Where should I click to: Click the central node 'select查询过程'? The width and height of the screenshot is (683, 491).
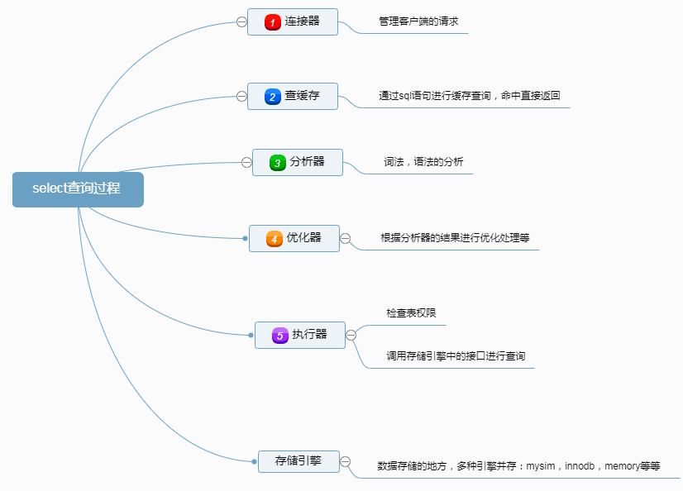(78, 188)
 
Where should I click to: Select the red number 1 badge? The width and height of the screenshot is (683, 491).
(273, 22)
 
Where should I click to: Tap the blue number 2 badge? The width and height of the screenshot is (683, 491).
(273, 97)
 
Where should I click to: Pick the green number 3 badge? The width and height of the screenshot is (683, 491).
(278, 163)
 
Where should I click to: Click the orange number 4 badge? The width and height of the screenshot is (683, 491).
(275, 239)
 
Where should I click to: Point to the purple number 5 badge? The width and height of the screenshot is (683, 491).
(280, 335)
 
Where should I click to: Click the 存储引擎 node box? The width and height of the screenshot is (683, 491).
(299, 461)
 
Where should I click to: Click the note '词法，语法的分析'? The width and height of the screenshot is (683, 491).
(423, 162)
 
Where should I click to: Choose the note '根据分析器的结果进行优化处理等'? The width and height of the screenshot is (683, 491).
(455, 238)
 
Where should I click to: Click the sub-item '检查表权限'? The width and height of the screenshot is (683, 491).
(411, 313)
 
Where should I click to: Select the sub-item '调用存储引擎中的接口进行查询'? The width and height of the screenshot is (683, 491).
(456, 356)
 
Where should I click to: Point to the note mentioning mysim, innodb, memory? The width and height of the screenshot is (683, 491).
(518, 466)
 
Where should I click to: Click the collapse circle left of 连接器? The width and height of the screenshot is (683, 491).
(241, 22)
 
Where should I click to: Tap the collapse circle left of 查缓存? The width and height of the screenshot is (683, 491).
(241, 97)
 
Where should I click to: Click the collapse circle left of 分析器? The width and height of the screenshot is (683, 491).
(246, 162)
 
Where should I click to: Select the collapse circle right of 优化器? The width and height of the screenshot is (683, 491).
(346, 239)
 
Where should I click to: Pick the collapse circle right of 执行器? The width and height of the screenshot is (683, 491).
(351, 335)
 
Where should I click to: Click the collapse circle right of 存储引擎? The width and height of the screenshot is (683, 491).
(346, 461)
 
